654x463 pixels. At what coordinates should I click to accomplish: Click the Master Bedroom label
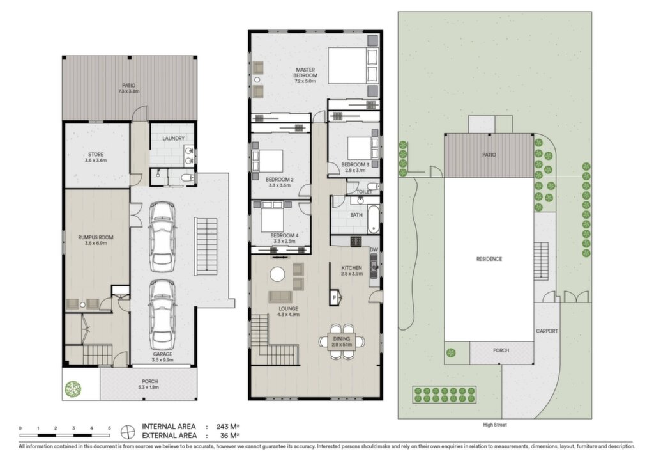pyautogui.click(x=305, y=73)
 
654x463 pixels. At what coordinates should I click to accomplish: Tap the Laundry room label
pyautogui.click(x=174, y=139)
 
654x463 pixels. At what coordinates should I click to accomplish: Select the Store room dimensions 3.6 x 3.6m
pyautogui.click(x=96, y=161)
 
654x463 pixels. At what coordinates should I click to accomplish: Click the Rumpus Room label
pyautogui.click(x=96, y=237)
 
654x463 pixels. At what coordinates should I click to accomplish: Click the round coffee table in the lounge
pyautogui.click(x=277, y=274)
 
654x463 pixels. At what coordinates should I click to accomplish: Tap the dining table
pyautogui.click(x=342, y=341)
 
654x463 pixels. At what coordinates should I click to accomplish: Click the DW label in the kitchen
pyautogui.click(x=374, y=249)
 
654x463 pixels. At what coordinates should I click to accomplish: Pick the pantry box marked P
pyautogui.click(x=334, y=297)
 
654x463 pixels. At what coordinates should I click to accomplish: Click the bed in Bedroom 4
pyautogui.click(x=272, y=217)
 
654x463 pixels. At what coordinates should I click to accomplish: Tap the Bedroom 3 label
pyautogui.click(x=355, y=165)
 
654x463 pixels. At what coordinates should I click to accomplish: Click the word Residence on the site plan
pyautogui.click(x=489, y=259)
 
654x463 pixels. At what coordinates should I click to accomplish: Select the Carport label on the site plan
pyautogui.click(x=547, y=331)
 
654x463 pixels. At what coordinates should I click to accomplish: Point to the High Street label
pyautogui.click(x=495, y=425)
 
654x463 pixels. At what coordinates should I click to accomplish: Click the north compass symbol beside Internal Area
pyautogui.click(x=128, y=432)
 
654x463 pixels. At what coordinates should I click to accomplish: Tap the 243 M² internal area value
pyautogui.click(x=228, y=427)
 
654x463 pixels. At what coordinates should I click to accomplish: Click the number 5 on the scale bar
pyautogui.click(x=109, y=428)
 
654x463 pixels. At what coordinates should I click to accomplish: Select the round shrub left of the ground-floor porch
pyautogui.click(x=73, y=389)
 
